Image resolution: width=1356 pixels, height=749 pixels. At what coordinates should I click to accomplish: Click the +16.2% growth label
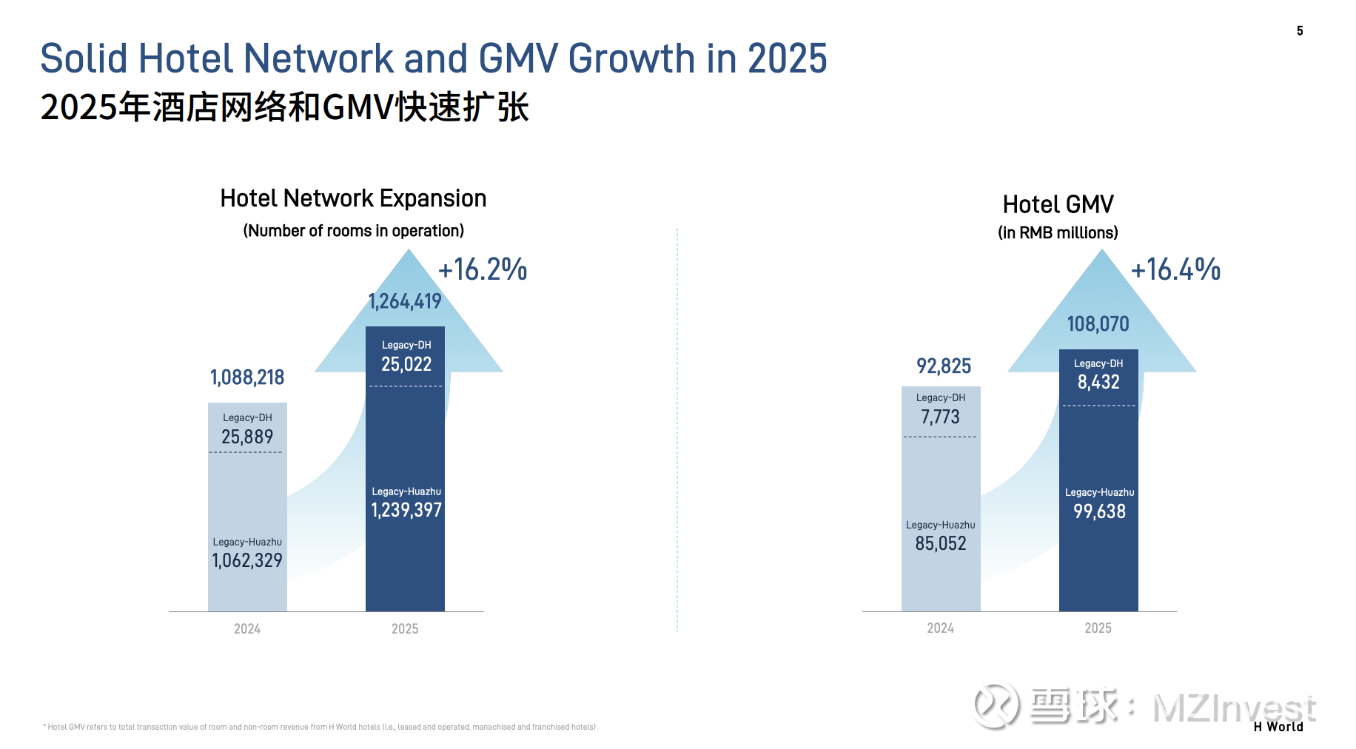pos(483,269)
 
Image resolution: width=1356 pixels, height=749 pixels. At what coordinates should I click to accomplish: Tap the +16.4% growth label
pos(1175,269)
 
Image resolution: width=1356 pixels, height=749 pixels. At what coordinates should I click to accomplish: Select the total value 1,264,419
pos(405,301)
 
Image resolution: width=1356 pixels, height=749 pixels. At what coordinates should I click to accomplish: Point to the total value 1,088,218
pos(247,377)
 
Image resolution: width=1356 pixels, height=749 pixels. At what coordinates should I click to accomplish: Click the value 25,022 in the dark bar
pos(406,364)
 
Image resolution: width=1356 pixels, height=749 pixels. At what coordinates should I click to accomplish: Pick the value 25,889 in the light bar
pos(247,437)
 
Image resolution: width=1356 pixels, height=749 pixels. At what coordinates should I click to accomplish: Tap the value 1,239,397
pos(406,510)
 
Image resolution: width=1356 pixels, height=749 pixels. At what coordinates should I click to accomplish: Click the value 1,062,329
pos(247,560)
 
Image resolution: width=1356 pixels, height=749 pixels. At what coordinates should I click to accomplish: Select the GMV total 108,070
pos(1098,324)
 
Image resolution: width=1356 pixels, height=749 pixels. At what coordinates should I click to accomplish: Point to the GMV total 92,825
pos(944,366)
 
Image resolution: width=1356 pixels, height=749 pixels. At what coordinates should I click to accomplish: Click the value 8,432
pos(1098,382)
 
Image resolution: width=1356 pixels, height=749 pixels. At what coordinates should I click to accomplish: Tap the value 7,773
pos(940,417)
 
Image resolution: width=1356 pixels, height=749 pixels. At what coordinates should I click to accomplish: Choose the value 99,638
pos(1099,511)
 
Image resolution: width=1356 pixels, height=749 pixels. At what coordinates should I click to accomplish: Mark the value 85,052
pos(941,543)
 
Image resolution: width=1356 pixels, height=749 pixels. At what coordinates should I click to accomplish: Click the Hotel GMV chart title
pos(1058,204)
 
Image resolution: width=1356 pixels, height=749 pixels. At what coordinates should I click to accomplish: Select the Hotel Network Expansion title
pos(353,198)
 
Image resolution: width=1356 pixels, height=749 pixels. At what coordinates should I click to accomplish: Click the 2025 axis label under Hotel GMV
pos(1098,628)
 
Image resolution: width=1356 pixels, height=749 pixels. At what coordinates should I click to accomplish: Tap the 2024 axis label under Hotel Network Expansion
pos(247,629)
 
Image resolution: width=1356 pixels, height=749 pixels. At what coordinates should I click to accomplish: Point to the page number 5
pos(1300,30)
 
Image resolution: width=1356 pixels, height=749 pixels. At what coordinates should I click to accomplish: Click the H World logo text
pos(1278,727)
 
